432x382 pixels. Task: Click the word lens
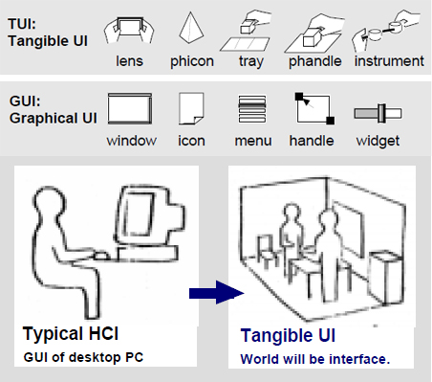click(129, 61)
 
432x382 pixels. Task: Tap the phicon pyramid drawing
click(191, 28)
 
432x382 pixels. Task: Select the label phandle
click(314, 61)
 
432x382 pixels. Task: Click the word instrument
click(389, 61)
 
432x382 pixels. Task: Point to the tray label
click(251, 61)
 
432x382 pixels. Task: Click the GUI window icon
click(130, 108)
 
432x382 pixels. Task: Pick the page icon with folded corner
click(191, 108)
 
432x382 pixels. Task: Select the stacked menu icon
click(252, 109)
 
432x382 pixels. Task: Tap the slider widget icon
click(378, 113)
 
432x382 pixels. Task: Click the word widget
click(378, 141)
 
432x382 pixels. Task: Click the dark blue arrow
click(217, 292)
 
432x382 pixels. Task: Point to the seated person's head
click(50, 203)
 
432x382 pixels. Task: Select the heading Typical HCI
click(71, 334)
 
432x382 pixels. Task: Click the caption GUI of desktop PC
click(83, 357)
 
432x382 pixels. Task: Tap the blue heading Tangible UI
click(288, 335)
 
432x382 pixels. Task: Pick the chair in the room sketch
click(267, 252)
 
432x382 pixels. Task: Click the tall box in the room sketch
click(386, 277)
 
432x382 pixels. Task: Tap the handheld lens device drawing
click(129, 30)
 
